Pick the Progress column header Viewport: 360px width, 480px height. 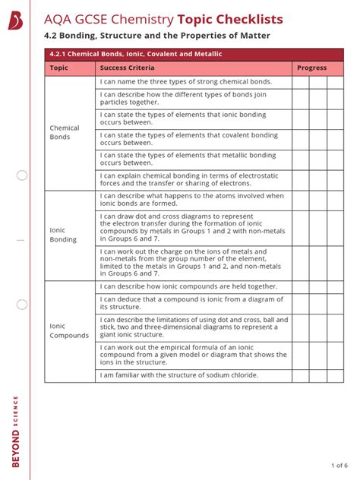point(311,68)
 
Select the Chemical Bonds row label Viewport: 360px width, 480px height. point(65,133)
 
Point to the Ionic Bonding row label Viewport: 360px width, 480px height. point(63,235)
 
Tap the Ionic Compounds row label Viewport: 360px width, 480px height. point(69,330)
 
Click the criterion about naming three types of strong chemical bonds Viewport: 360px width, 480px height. point(185,81)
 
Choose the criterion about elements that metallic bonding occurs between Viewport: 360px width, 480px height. point(188,159)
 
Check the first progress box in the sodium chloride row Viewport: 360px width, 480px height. point(301,375)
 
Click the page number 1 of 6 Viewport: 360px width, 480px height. point(339,465)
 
